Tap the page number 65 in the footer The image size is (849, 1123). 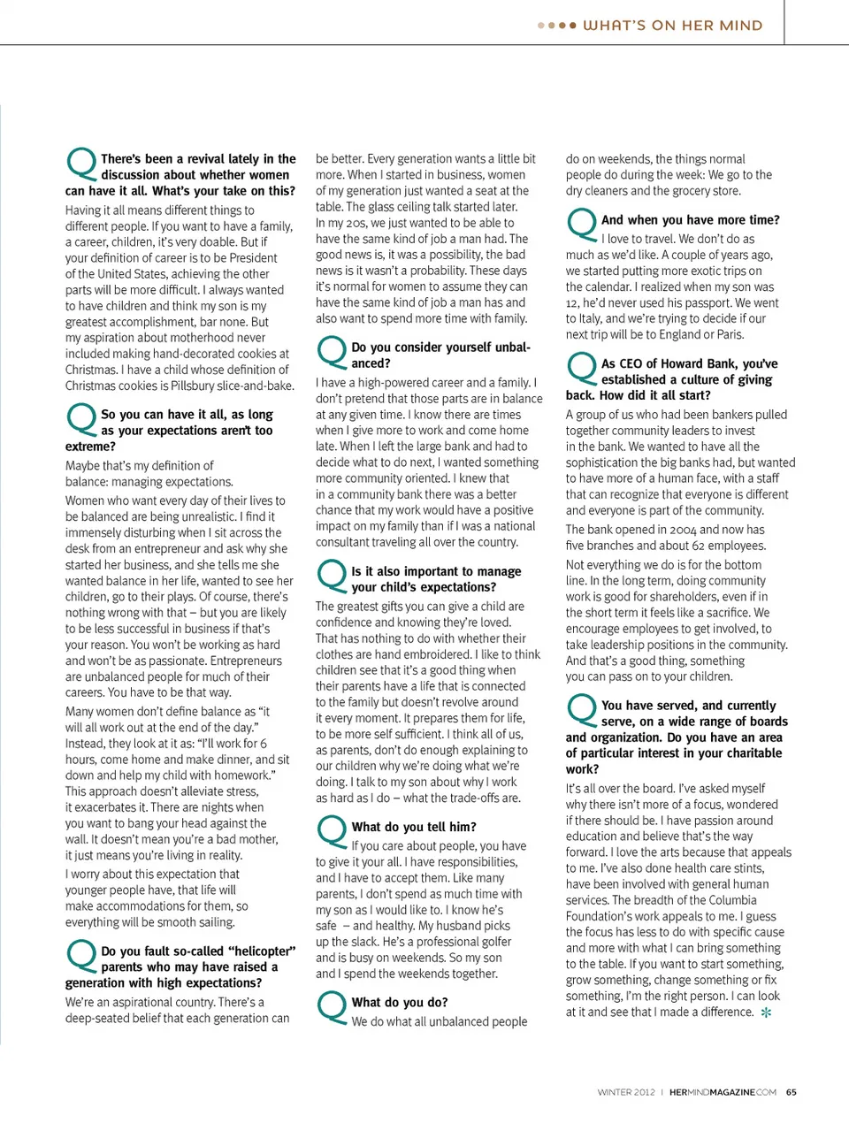[x=791, y=1092]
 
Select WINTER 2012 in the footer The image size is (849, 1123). [x=626, y=1092]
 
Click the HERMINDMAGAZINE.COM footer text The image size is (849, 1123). [x=723, y=1092]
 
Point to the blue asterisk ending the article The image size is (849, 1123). [x=766, y=1012]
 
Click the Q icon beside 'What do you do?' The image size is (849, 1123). [x=332, y=1007]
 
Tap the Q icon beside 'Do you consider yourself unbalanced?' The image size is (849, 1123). [x=332, y=352]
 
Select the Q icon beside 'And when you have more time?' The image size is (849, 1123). [x=582, y=225]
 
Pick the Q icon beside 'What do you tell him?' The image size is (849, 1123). [x=332, y=832]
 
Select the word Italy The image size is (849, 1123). [x=583, y=318]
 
